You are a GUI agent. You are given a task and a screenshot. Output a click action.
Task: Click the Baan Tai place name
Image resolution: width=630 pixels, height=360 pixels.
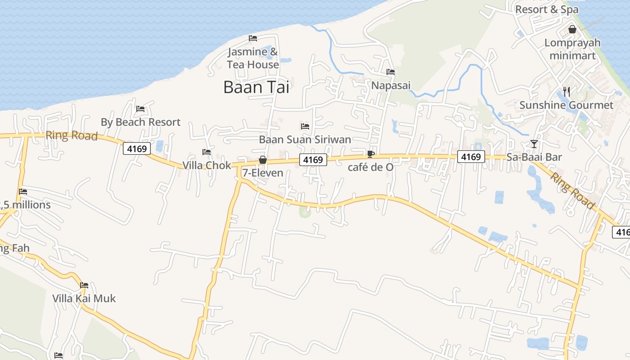click(x=256, y=87)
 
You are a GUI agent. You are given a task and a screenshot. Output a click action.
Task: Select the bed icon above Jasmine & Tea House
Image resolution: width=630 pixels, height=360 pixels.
click(x=253, y=38)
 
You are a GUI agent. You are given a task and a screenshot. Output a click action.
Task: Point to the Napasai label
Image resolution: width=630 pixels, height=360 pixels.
click(x=391, y=85)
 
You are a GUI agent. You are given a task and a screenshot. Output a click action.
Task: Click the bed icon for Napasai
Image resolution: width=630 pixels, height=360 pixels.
click(x=391, y=72)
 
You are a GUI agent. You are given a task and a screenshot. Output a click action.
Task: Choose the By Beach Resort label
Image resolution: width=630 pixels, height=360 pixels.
click(x=140, y=122)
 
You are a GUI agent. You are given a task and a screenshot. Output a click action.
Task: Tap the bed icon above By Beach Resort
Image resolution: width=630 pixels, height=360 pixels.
click(x=140, y=108)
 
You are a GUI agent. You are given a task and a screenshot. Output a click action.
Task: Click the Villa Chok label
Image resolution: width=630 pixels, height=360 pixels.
click(x=207, y=165)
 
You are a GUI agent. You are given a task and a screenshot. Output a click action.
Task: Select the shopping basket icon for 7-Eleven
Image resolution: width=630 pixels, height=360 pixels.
click(x=263, y=160)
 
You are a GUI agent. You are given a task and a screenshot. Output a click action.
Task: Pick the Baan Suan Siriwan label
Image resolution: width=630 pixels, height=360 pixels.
click(x=305, y=139)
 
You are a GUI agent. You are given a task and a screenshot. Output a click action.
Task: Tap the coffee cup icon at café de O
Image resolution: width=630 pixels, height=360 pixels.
click(x=370, y=154)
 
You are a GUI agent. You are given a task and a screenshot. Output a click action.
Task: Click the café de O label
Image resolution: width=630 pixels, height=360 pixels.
click(x=371, y=167)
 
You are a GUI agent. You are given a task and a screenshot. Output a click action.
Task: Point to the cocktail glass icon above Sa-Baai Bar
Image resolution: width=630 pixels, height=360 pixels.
click(x=534, y=144)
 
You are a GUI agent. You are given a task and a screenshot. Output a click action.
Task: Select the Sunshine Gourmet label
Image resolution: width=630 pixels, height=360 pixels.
click(x=566, y=105)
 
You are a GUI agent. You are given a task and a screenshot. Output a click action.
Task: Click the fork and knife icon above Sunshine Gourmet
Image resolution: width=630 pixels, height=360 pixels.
click(x=567, y=92)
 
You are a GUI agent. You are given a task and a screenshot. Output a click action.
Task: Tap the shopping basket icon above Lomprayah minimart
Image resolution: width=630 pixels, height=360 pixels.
click(x=572, y=30)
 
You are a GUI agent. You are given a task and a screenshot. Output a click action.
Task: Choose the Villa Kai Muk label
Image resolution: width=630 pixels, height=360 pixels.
click(x=84, y=298)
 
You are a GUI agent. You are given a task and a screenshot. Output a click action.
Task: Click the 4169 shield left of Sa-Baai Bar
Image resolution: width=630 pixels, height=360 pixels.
click(x=471, y=157)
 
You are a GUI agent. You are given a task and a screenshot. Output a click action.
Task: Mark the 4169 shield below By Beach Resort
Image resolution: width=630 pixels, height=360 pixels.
click(x=136, y=148)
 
